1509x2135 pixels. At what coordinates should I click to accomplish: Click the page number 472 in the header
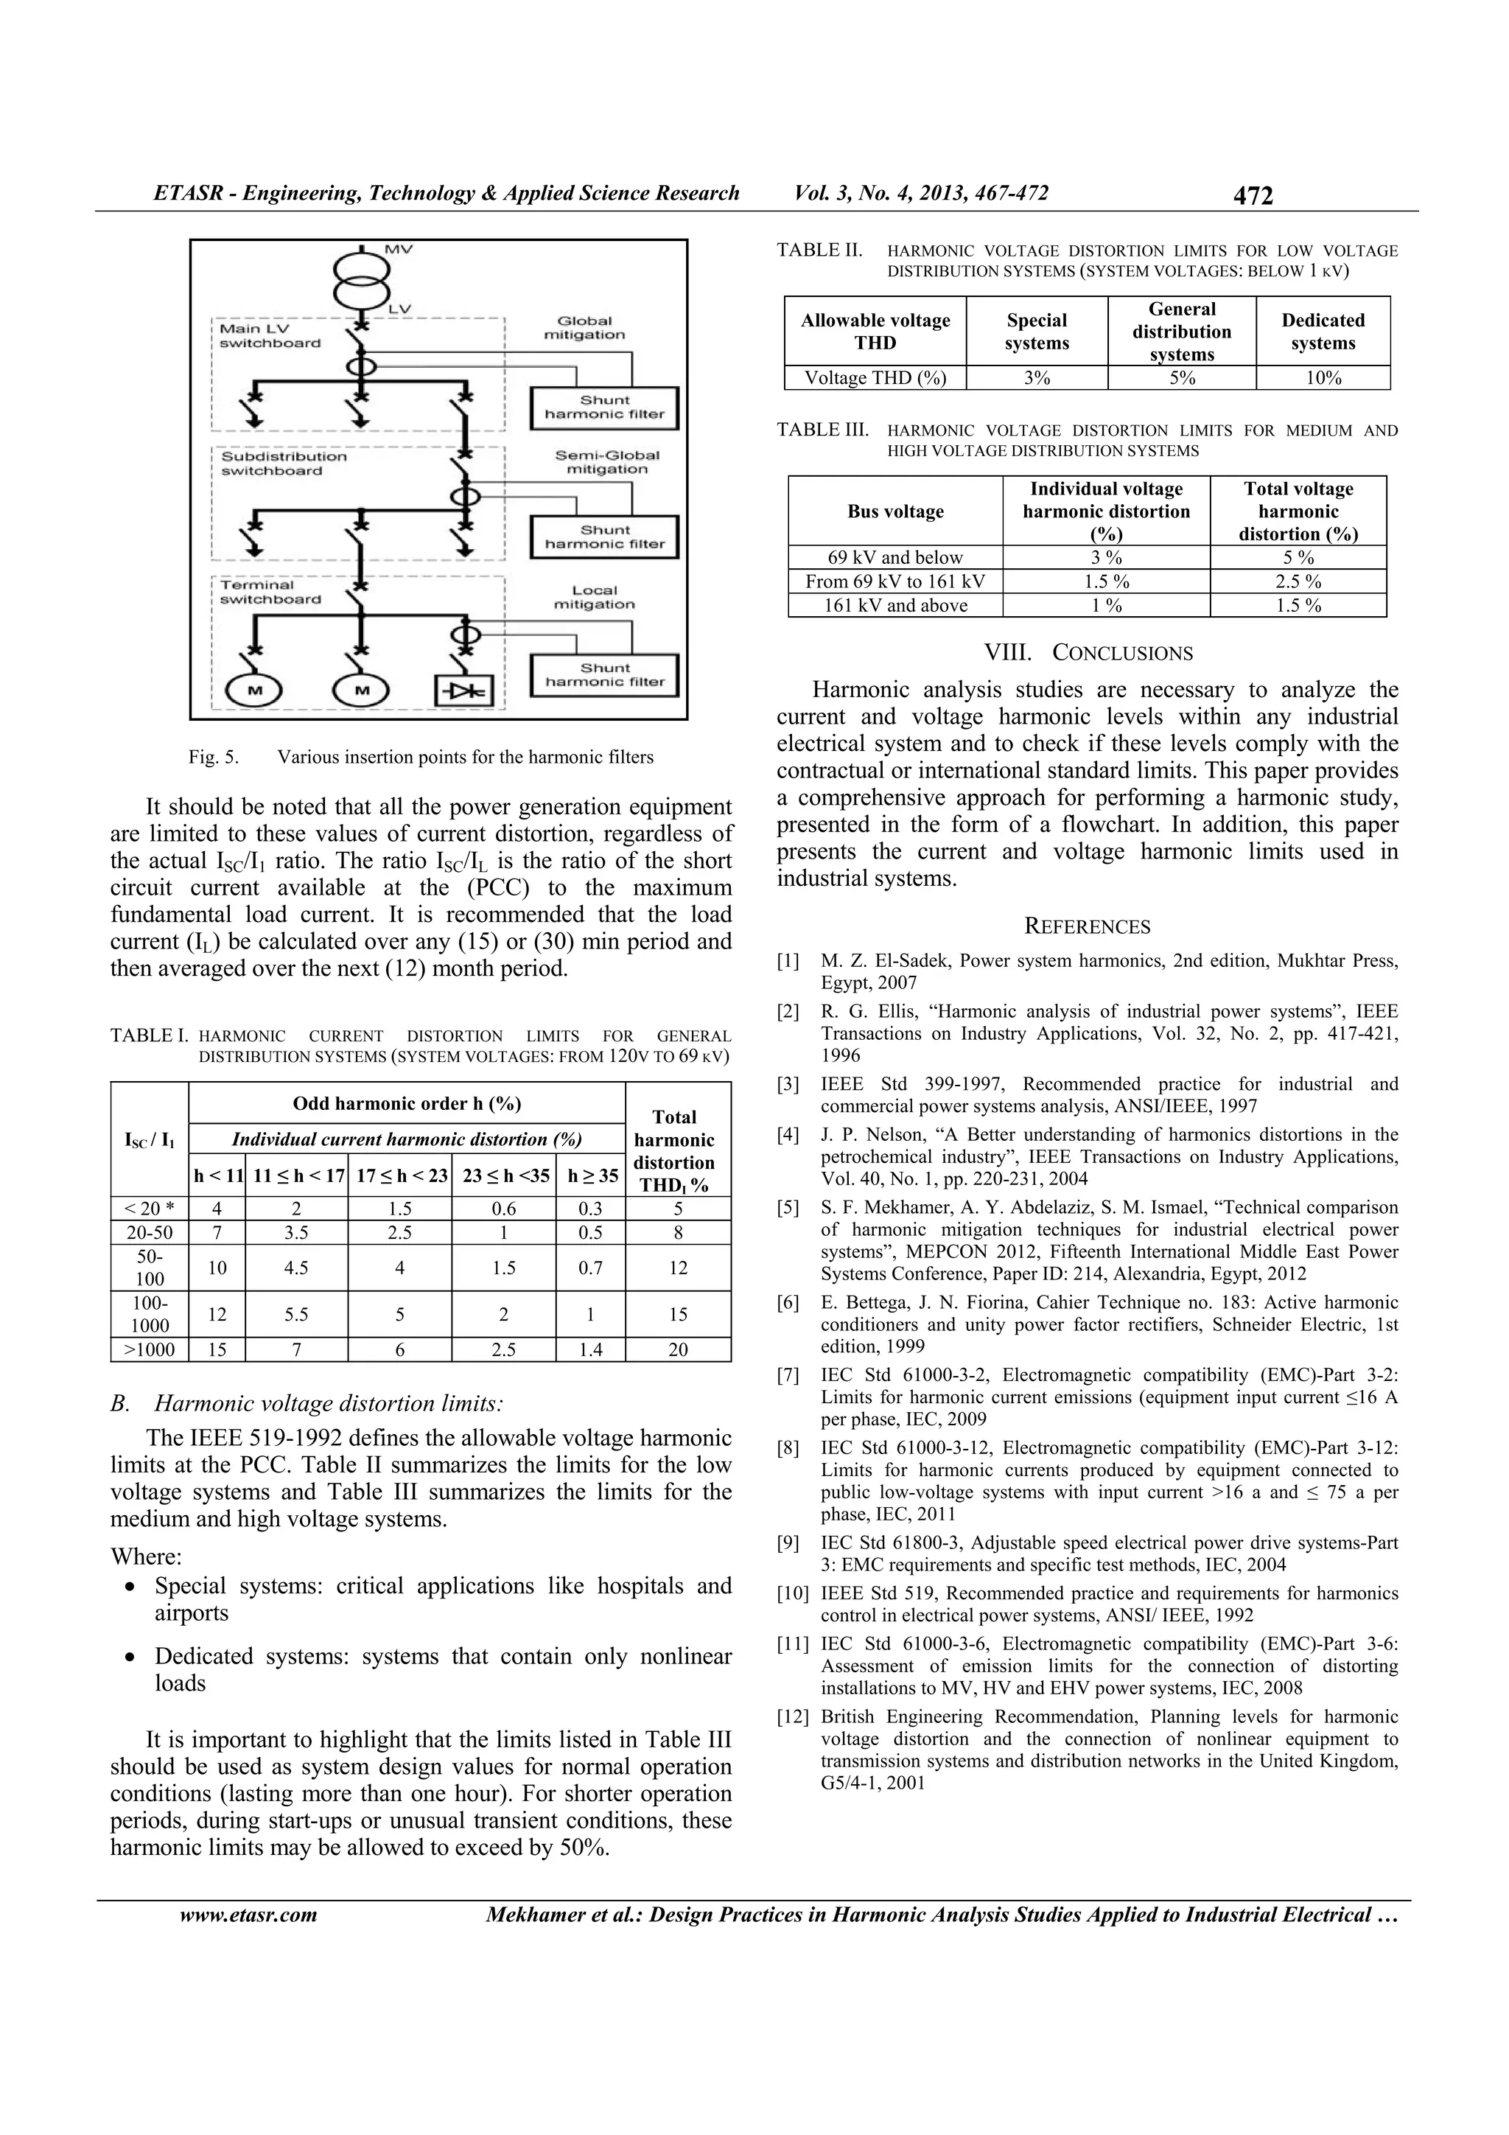pos(1253,195)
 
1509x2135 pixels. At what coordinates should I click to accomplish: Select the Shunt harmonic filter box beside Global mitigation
pos(604,408)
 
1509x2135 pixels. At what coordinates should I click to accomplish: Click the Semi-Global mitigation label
pos(606,462)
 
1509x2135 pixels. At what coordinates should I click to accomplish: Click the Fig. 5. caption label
pos(213,757)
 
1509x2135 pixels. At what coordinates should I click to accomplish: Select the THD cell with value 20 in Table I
pos(678,1349)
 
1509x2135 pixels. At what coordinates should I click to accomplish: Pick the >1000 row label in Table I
pos(150,1349)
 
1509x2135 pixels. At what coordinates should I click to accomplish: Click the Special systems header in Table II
pos(1036,331)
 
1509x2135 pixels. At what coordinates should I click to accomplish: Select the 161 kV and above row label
pos(895,605)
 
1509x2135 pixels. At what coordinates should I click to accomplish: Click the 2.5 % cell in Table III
pos(1298,581)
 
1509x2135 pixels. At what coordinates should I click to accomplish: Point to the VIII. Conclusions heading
pos(1088,653)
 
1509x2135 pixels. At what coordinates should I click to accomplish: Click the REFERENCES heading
pos(1087,926)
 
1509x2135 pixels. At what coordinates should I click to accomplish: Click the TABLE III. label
pos(822,430)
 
